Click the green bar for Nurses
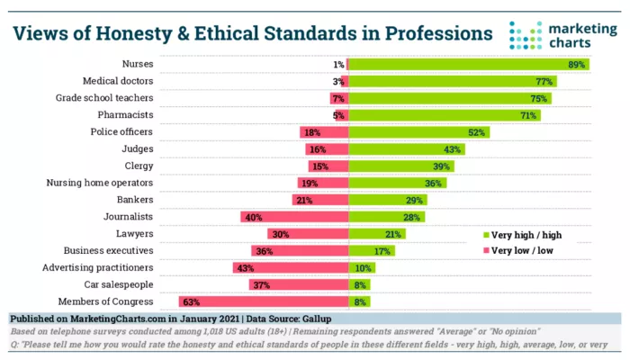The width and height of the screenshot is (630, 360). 468,65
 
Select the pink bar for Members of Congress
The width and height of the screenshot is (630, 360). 263,301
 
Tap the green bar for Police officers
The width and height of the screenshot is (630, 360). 406,132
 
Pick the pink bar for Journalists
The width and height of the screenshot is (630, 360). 294,217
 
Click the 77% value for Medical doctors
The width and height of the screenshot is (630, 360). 544,81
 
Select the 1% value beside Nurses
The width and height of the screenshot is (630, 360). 338,65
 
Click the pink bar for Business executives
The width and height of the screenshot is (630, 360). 300,251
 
